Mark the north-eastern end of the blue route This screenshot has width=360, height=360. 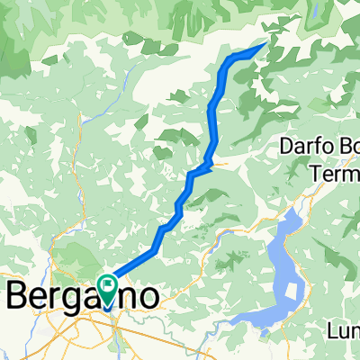(x=264, y=44)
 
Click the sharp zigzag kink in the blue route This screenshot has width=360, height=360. (x=207, y=165)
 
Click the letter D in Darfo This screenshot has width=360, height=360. (x=285, y=147)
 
